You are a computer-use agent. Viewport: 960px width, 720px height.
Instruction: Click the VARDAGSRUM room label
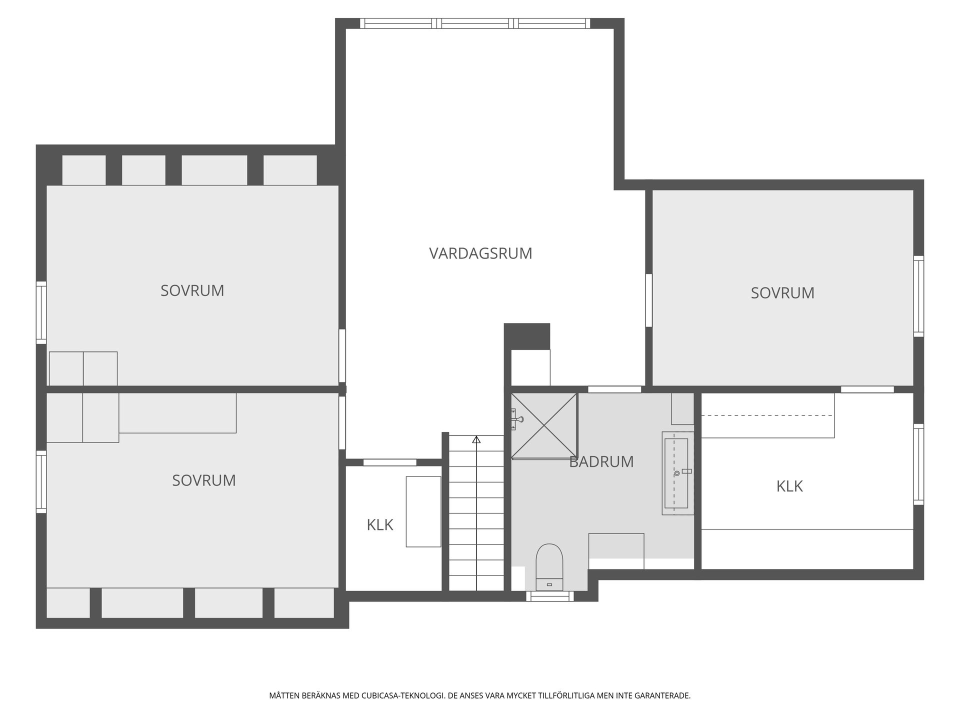(x=480, y=253)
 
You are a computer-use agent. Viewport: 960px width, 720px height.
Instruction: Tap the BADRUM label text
(x=601, y=461)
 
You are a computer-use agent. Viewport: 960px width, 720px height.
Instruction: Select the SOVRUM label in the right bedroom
(x=782, y=293)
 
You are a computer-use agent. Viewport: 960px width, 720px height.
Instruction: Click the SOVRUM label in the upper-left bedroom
(x=192, y=290)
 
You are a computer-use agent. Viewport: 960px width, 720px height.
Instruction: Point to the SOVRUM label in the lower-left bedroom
(x=203, y=480)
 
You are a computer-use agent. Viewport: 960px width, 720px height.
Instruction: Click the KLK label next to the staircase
(x=380, y=525)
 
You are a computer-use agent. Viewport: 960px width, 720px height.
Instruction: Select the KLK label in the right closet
(x=789, y=486)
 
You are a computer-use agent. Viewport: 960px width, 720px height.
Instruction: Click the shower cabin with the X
(x=544, y=425)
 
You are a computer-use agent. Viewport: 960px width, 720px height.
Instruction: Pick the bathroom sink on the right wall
(x=677, y=473)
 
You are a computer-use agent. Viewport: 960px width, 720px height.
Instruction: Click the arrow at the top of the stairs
(x=476, y=440)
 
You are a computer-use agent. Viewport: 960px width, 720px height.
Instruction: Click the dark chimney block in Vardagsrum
(x=526, y=336)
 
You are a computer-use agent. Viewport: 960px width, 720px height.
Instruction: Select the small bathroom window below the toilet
(x=549, y=596)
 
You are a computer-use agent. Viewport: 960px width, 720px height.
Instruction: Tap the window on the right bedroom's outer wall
(x=918, y=295)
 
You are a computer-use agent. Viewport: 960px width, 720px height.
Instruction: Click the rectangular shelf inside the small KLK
(x=423, y=511)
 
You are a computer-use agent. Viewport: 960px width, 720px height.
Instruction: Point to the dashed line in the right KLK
(x=767, y=415)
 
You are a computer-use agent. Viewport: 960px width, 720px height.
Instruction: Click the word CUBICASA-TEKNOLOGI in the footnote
(x=403, y=695)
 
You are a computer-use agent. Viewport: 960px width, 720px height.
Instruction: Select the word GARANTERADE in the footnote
(x=664, y=695)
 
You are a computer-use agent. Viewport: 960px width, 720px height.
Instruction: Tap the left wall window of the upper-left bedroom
(x=41, y=312)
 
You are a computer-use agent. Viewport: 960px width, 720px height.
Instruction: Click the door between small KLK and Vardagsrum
(x=389, y=462)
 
